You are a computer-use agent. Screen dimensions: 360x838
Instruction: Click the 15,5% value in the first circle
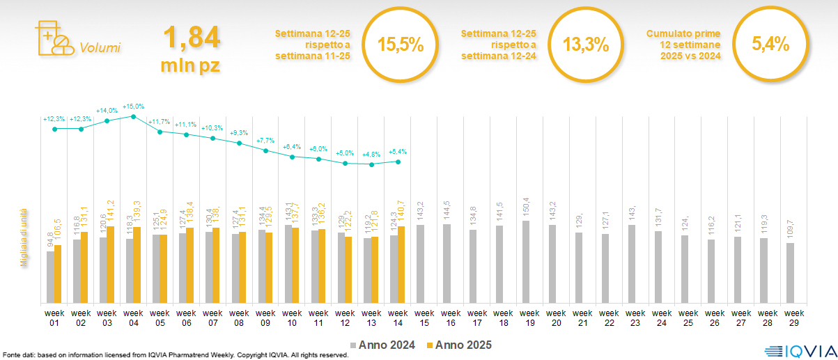(401, 45)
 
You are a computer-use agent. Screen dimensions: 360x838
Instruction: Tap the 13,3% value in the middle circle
(586, 45)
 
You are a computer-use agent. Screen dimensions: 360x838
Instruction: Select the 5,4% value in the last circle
(770, 45)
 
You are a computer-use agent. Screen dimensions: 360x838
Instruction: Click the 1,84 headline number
(191, 37)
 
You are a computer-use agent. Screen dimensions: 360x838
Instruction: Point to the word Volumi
(100, 48)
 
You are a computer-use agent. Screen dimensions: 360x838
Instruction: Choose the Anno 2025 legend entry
(459, 345)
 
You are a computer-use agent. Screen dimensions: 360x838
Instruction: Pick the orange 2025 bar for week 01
(58, 274)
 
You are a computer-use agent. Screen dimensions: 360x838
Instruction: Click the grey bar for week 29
(790, 273)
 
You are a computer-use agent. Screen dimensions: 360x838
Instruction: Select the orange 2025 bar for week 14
(401, 265)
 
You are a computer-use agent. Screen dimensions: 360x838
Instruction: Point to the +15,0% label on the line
(133, 107)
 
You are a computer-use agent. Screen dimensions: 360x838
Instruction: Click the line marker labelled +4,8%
(372, 165)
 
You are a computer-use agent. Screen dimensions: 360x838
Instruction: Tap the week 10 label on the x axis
(293, 317)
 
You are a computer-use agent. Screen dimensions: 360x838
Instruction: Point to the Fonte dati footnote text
(174, 355)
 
